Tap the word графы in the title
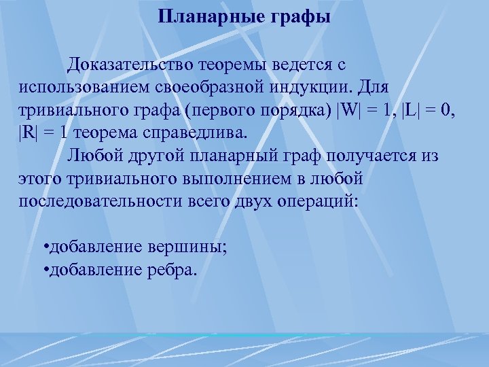tap(301, 16)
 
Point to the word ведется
tap(302, 65)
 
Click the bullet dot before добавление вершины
tap(44, 247)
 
